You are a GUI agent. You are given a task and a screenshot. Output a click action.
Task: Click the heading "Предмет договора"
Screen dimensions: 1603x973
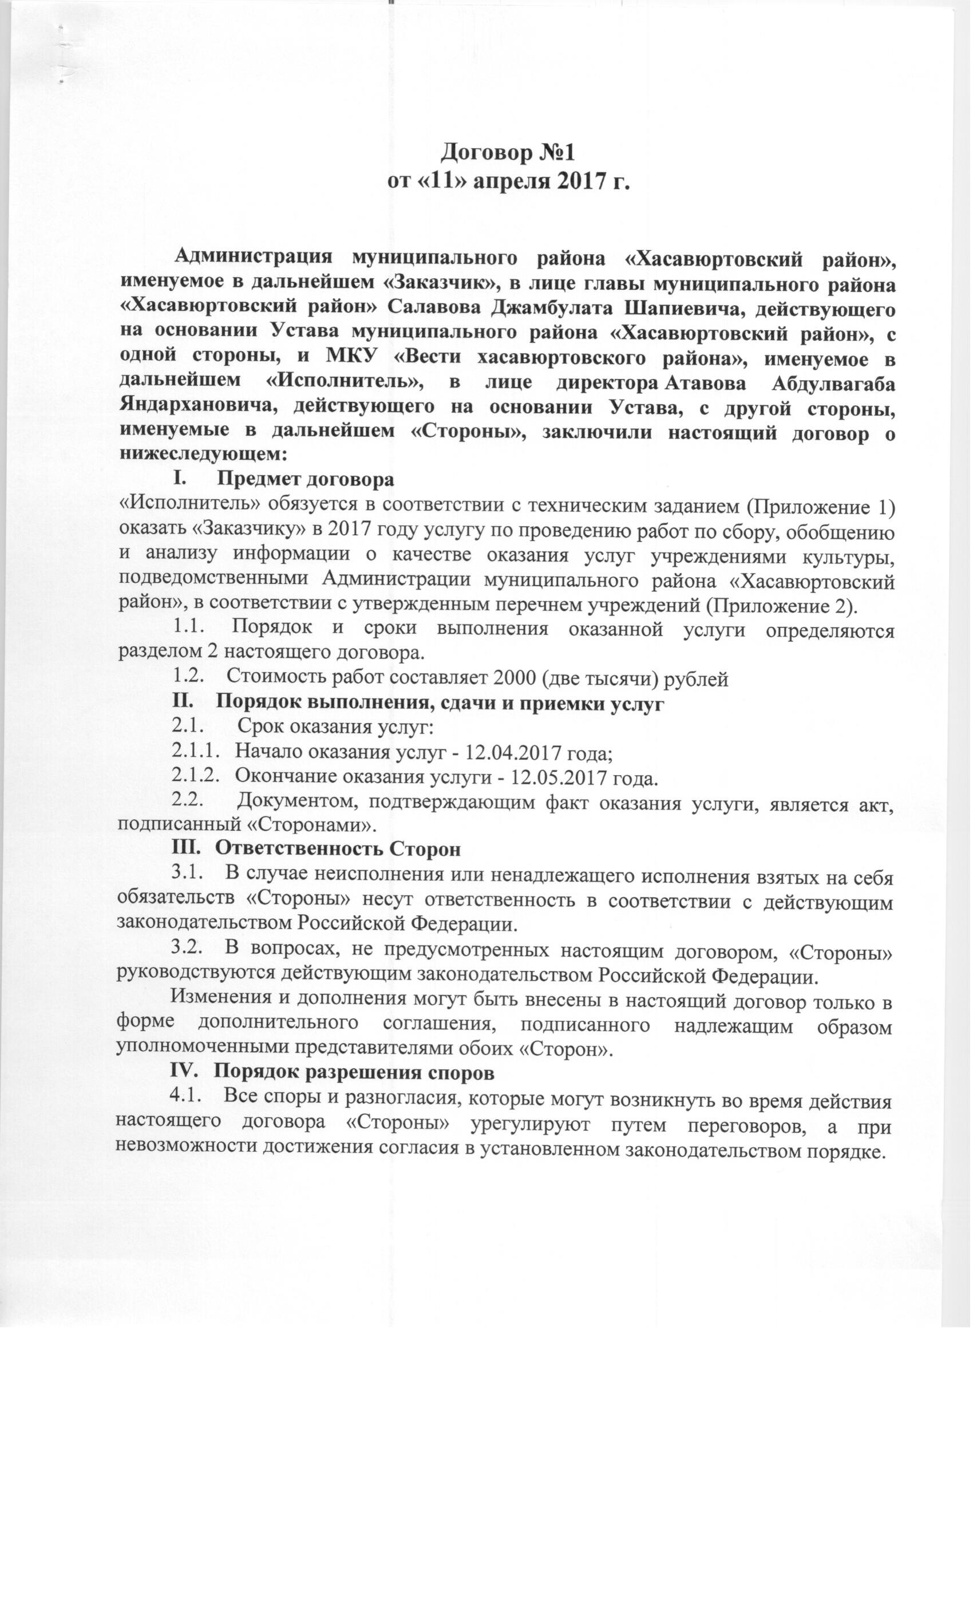pos(306,480)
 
